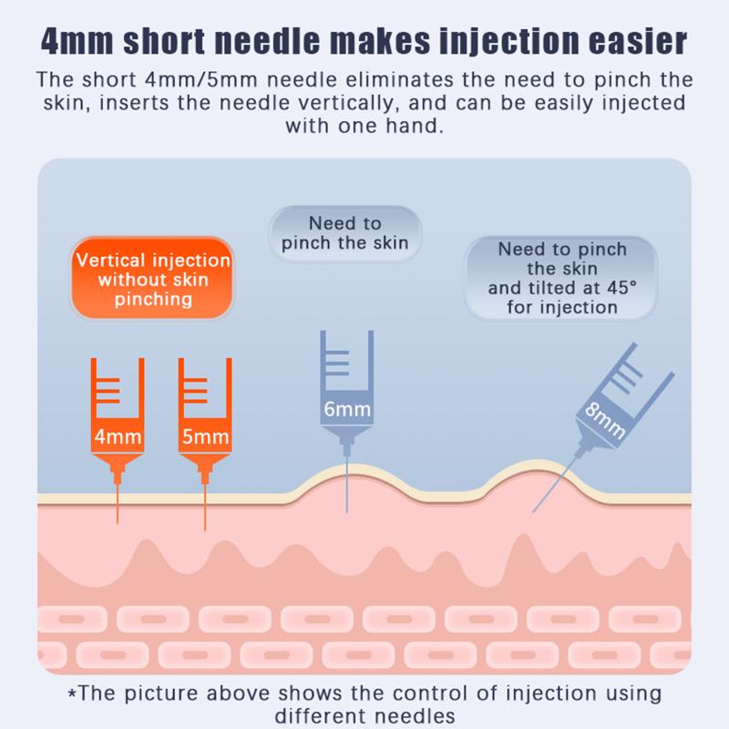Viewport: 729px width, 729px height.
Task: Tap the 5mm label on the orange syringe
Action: (x=205, y=437)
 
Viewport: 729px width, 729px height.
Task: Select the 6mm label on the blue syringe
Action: (x=347, y=409)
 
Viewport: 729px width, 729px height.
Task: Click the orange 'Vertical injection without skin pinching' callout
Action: (x=153, y=280)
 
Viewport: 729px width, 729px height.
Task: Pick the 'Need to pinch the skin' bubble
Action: (x=344, y=233)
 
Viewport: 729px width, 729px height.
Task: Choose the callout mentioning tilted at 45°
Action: (x=562, y=277)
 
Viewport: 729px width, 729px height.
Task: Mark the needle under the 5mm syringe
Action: (x=205, y=506)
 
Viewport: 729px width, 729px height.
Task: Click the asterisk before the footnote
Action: (x=73, y=694)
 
